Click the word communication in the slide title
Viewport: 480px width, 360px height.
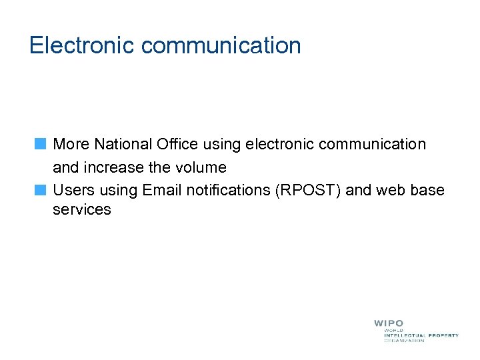(x=221, y=45)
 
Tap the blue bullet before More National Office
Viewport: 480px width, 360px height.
(x=41, y=143)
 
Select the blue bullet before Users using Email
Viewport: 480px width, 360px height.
(x=41, y=189)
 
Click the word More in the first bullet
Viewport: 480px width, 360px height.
(x=71, y=144)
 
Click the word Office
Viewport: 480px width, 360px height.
(x=177, y=144)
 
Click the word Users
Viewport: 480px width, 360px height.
(x=73, y=190)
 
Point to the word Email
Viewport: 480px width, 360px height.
(x=161, y=190)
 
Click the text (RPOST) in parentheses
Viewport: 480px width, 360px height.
(x=308, y=190)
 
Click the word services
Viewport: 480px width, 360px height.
(x=81, y=209)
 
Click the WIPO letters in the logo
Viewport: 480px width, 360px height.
(x=389, y=323)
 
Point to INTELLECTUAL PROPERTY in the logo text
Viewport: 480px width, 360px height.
(x=421, y=335)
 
